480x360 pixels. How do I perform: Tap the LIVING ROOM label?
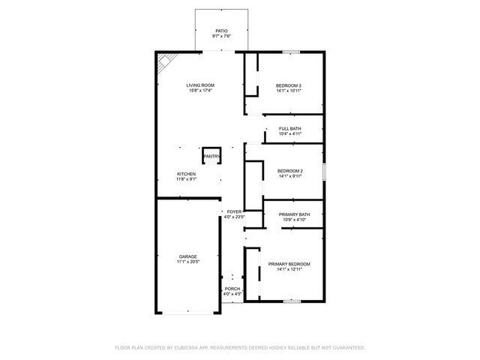click(200, 85)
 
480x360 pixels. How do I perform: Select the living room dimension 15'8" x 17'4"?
click(200, 91)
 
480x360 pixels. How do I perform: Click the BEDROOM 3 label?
click(289, 85)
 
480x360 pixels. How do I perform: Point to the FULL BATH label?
click(290, 128)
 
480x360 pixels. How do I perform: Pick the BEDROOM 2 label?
click(289, 171)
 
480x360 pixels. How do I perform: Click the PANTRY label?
click(211, 156)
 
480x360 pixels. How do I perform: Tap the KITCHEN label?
click(186, 174)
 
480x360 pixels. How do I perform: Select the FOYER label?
click(235, 212)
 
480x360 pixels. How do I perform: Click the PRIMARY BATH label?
click(295, 214)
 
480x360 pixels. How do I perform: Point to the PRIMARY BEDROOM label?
click(289, 264)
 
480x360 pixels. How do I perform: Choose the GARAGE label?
click(187, 256)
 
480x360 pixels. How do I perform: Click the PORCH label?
click(232, 289)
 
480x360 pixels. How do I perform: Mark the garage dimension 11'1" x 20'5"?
click(187, 262)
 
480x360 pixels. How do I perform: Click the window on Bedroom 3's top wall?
click(291, 52)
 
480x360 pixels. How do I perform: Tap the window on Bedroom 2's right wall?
click(324, 171)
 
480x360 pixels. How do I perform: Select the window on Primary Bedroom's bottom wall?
click(291, 301)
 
